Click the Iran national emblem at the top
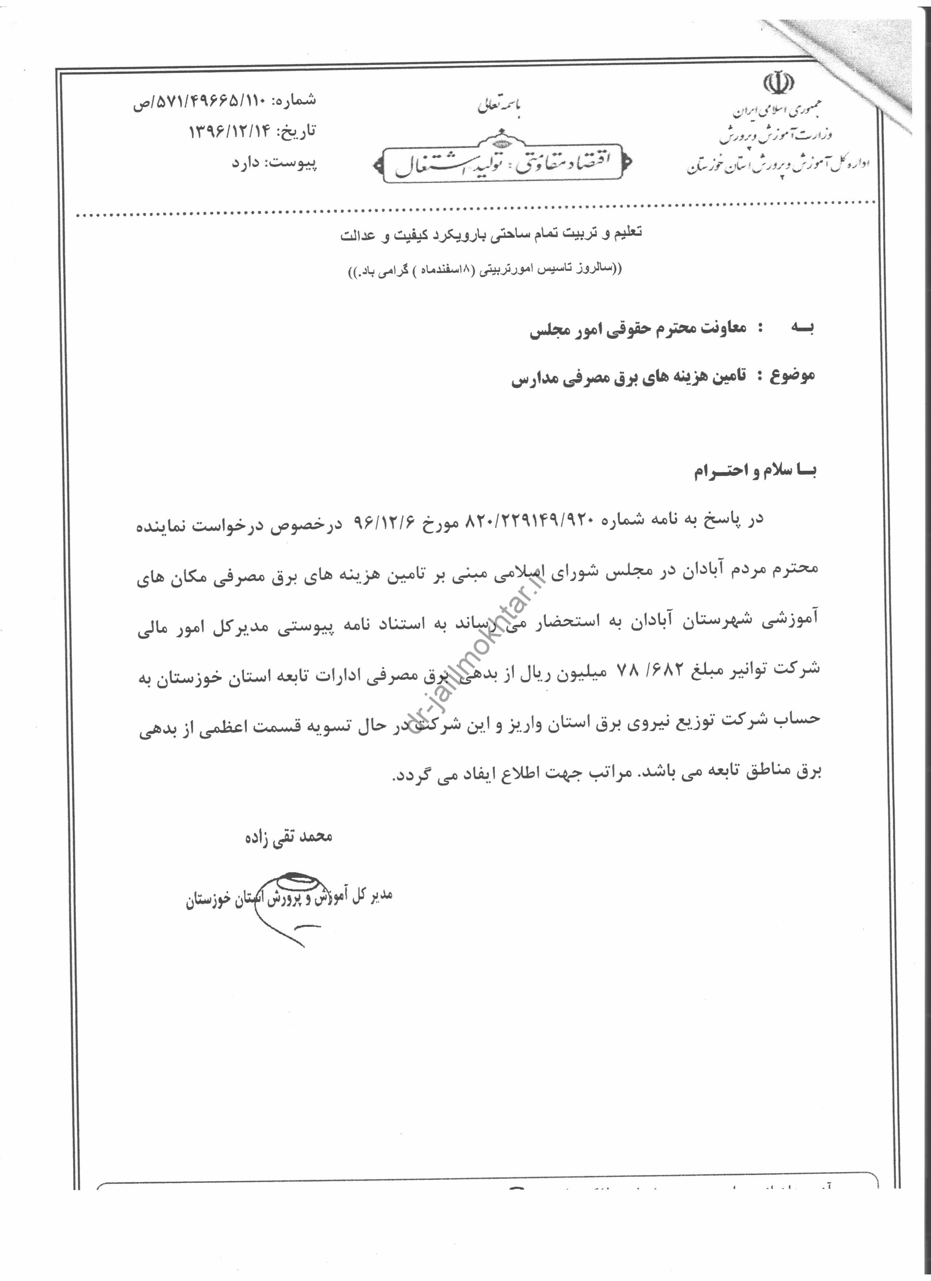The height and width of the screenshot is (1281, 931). coord(779,84)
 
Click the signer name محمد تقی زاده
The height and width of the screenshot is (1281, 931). coord(288,837)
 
